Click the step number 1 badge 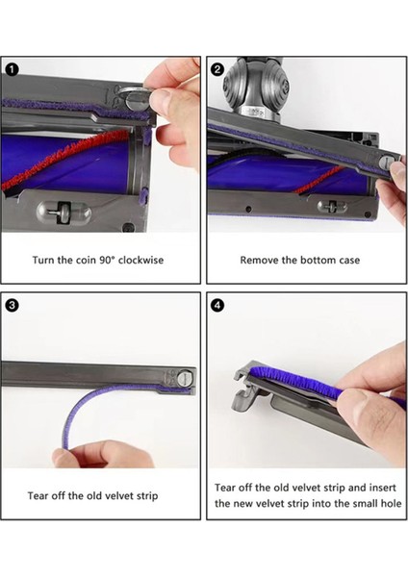point(12,68)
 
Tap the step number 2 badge point(217,68)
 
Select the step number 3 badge point(12,305)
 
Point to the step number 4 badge point(217,305)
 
